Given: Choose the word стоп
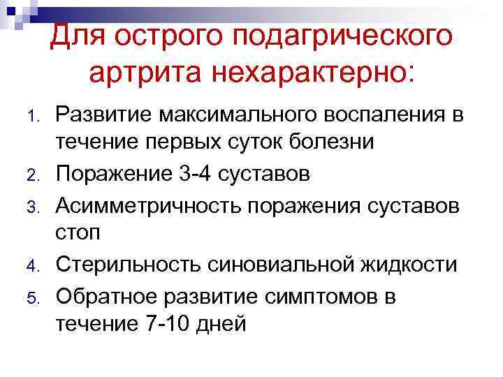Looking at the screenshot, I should click(78, 232).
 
